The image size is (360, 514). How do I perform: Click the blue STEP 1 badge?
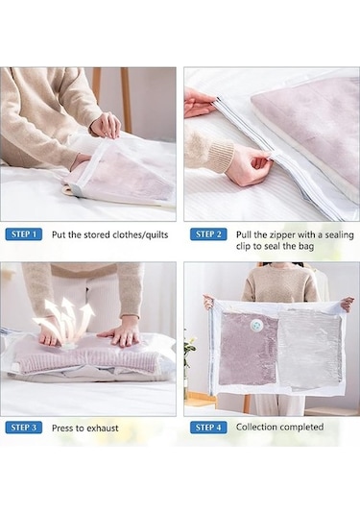tap(24, 234)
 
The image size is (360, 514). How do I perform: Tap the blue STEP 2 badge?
tap(208, 234)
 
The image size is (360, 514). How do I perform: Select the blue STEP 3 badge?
tap(24, 428)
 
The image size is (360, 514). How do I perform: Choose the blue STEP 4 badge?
tap(208, 428)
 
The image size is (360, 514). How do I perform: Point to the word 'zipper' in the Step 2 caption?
tap(283, 234)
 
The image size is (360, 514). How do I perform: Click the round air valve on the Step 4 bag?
tap(257, 326)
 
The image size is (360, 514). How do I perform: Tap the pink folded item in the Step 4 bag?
tap(248, 348)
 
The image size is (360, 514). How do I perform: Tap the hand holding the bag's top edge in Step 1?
tap(106, 126)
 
